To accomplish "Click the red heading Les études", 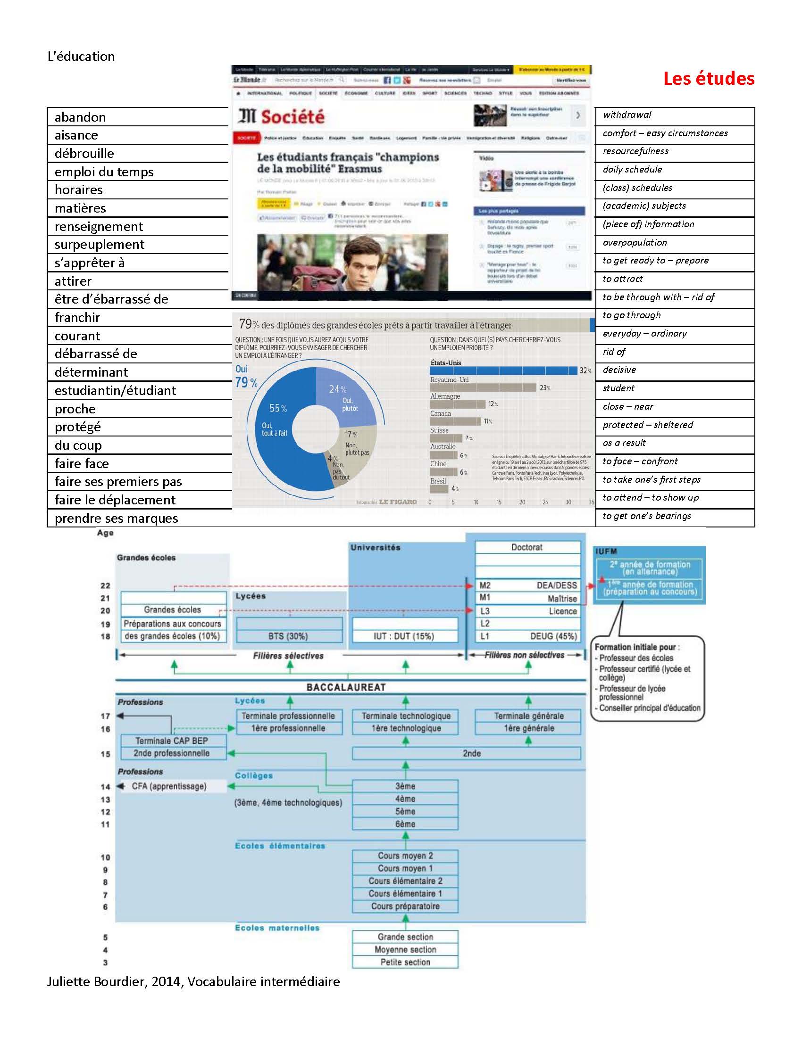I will [709, 78].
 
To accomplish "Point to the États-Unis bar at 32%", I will [503, 371].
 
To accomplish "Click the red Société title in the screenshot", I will [292, 116].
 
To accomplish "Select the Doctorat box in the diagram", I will [527, 547].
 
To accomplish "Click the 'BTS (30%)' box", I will [289, 636].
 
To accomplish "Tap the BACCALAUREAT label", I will [346, 687].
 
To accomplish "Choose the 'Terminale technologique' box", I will [406, 716].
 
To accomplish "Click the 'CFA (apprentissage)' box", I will [170, 786].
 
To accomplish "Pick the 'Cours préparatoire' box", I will [405, 906].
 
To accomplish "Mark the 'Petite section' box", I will [405, 962].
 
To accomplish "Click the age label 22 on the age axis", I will [105, 586].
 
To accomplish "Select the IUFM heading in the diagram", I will [606, 551].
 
